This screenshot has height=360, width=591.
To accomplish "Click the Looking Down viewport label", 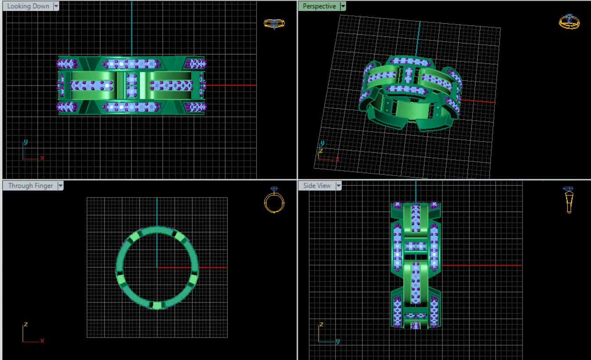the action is (28, 6).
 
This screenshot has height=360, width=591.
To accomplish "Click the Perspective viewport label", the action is (319, 6).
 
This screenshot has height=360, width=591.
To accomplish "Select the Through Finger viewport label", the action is (31, 186).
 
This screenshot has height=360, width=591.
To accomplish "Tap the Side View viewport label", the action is (317, 186).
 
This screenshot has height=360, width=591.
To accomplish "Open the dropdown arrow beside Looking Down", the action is (56, 6).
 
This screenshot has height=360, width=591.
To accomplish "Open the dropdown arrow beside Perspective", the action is (343, 6).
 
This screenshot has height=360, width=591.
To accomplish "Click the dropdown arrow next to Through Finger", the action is (61, 186).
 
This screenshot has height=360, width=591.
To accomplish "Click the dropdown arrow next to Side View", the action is (339, 186).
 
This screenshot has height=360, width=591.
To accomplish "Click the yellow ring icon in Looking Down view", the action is (274, 24).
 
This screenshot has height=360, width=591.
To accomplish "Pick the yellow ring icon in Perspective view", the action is (569, 22).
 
